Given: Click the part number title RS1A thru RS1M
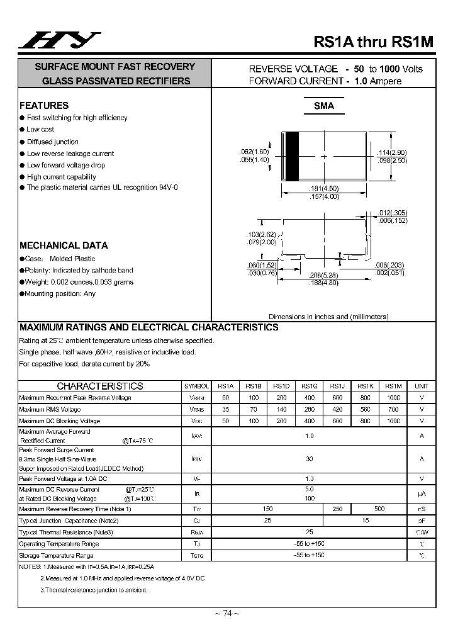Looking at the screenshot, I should tap(374, 42).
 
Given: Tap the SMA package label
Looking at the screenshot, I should tap(324, 106).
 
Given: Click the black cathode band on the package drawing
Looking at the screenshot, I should tap(291, 157).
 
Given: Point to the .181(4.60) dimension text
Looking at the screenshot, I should tap(324, 189).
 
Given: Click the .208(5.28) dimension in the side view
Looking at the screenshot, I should tap(324, 276).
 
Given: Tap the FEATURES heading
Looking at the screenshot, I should tap(44, 106).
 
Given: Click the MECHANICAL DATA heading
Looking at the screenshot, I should tap(64, 245).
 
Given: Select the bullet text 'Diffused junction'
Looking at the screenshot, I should tap(53, 142).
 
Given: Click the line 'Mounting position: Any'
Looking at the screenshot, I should tap(60, 293).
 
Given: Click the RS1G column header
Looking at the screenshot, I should tap(309, 386).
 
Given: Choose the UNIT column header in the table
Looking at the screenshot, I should tap(422, 386).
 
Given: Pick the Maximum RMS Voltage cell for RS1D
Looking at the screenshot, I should tap(281, 409).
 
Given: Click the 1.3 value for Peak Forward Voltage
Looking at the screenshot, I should tap(309, 478).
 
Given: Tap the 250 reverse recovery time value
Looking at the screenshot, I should tap(337, 509).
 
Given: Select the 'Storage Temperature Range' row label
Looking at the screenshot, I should tap(56, 555).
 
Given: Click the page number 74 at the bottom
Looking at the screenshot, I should tap(226, 613).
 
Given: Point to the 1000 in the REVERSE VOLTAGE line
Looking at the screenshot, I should tap(390, 69).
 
